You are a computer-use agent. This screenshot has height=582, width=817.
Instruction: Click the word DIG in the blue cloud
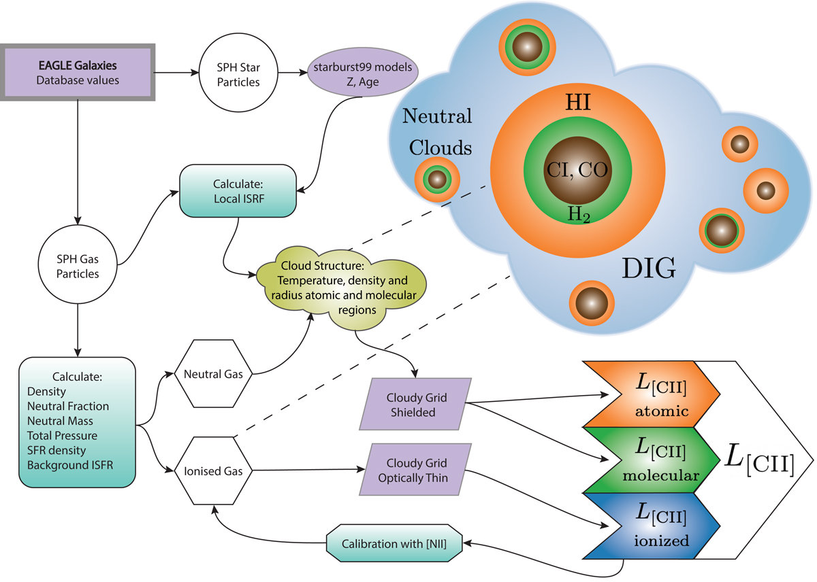649,270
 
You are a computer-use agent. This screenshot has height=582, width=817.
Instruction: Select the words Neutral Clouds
436,133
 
